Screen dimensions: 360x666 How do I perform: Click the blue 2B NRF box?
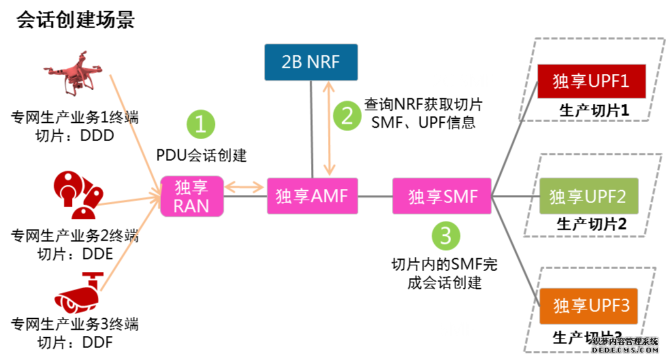(x=311, y=62)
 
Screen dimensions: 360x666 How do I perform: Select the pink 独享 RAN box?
(x=191, y=196)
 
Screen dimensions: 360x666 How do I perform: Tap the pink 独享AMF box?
(x=312, y=196)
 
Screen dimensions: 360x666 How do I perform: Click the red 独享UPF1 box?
(x=590, y=82)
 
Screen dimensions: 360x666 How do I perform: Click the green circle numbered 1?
(x=200, y=124)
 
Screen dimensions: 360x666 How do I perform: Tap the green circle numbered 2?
(x=347, y=116)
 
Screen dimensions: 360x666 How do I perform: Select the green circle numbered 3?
(x=446, y=236)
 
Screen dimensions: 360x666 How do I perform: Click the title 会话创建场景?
(x=75, y=20)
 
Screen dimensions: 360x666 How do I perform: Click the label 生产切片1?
(x=592, y=110)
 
